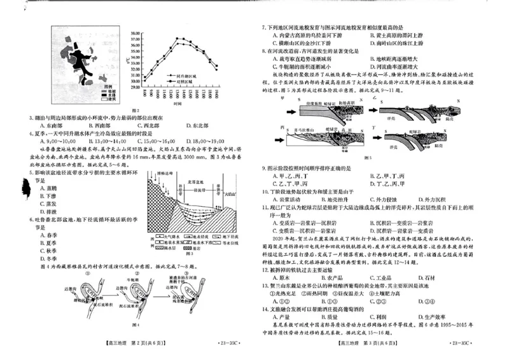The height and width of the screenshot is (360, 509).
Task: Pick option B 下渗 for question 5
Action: [32, 197]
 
